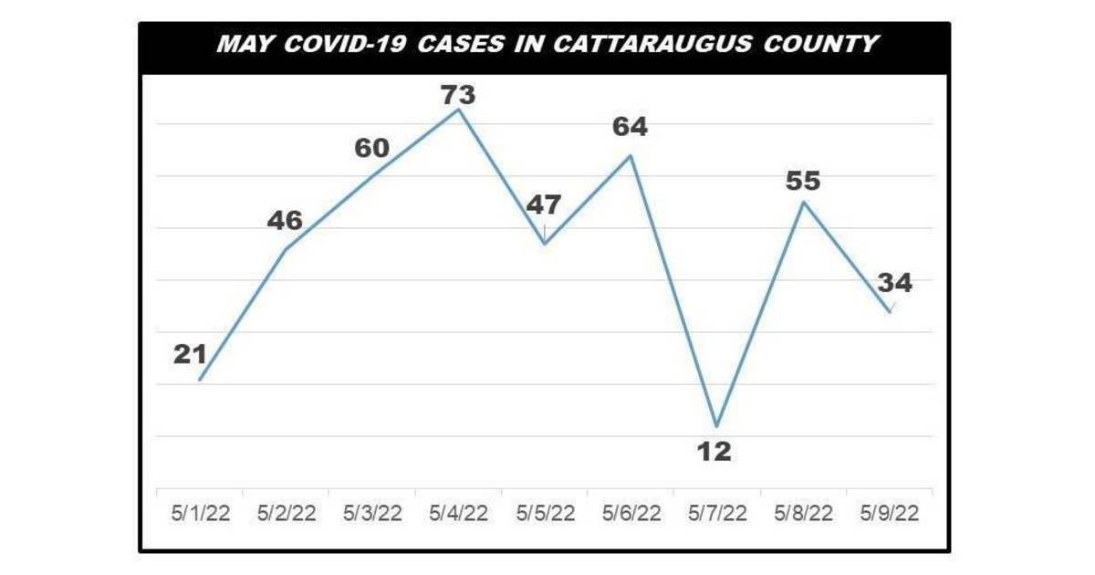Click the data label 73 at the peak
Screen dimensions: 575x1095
pyautogui.click(x=458, y=94)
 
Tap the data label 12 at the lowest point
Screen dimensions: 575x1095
pyautogui.click(x=714, y=451)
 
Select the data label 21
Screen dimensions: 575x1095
pyautogui.click(x=191, y=354)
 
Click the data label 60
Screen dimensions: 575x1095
pyautogui.click(x=372, y=148)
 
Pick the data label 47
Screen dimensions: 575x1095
pyautogui.click(x=544, y=204)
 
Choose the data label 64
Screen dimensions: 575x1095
pyautogui.click(x=630, y=127)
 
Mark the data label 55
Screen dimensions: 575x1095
pyautogui.click(x=803, y=181)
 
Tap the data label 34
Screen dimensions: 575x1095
pyautogui.click(x=894, y=283)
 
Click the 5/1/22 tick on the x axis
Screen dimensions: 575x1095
pyautogui.click(x=199, y=514)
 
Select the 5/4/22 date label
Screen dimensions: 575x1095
pyautogui.click(x=458, y=514)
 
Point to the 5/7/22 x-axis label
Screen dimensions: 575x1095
pyautogui.click(x=716, y=514)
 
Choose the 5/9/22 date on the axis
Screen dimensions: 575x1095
pyautogui.click(x=889, y=514)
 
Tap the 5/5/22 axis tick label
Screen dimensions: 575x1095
pyautogui.click(x=545, y=514)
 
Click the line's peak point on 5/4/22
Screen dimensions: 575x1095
pyautogui.click(x=458, y=110)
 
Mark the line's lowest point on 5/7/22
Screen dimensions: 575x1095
pyautogui.click(x=717, y=426)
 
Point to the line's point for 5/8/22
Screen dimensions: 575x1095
pyautogui.click(x=803, y=201)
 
